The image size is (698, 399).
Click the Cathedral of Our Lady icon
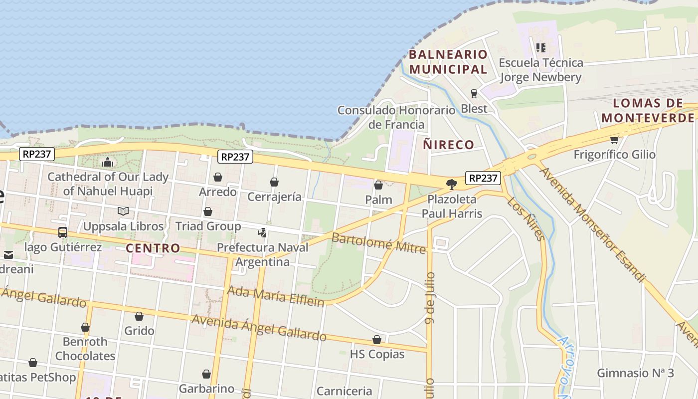(108, 162)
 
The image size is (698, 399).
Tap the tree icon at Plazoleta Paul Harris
(452, 185)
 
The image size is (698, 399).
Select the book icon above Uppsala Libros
(123, 211)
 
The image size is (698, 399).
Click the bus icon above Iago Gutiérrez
(63, 232)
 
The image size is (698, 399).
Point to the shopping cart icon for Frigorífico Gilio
(614, 140)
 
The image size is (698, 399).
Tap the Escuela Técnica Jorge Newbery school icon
(541, 48)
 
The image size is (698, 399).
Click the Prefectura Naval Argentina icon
(262, 232)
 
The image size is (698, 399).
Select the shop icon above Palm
(378, 185)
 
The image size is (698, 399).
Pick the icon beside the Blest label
(474, 94)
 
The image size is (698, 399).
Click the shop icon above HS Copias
(377, 340)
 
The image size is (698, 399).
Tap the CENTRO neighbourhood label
(153, 248)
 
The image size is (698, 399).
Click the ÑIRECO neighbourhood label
(448, 145)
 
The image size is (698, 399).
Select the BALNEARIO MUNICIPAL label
(448, 62)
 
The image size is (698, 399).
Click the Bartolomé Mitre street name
(379, 243)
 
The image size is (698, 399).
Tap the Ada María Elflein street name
(275, 296)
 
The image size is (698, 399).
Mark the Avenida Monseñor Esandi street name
(592, 224)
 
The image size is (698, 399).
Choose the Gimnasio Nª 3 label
(635, 373)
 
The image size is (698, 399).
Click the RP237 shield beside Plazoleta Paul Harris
(483, 178)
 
